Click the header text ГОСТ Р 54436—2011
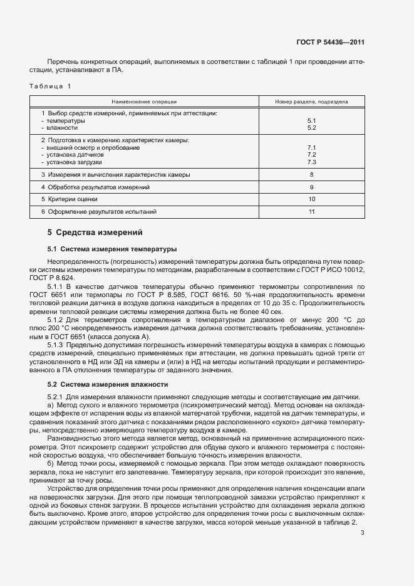pos(330,43)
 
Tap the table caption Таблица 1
pos(51,85)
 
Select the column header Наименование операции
pos(144,101)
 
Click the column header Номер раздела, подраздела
pos(311,101)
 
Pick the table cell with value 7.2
pos(311,154)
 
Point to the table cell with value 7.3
pos(311,162)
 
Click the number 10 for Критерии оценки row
pos(311,199)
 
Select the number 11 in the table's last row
pos(311,212)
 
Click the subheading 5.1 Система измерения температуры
pos(112,249)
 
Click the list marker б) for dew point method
pos(51,463)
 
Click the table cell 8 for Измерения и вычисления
pos(311,175)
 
